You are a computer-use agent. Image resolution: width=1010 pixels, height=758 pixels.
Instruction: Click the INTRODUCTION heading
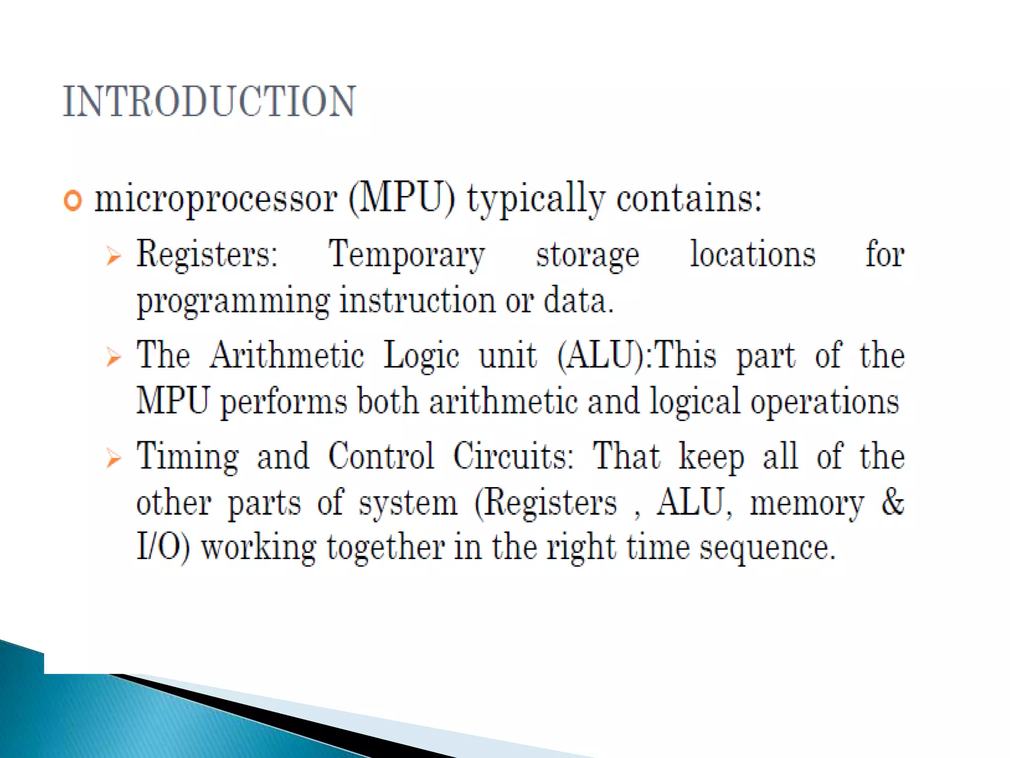[209, 102]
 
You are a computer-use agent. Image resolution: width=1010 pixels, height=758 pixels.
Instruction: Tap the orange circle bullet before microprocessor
[72, 201]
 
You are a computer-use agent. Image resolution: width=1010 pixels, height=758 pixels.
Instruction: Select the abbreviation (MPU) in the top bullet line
[402, 199]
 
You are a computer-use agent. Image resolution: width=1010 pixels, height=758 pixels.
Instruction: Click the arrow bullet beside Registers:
[113, 256]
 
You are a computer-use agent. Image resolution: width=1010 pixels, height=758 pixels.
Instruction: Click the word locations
[753, 254]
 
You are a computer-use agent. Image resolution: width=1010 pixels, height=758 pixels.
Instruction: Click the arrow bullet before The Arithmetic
[113, 357]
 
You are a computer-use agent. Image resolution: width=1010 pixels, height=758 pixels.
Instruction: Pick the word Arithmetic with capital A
[287, 355]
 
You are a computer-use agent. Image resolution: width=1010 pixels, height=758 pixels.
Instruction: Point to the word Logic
[422, 356]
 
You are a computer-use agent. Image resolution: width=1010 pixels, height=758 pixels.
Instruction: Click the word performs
[284, 402]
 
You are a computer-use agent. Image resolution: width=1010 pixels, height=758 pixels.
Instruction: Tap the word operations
[825, 402]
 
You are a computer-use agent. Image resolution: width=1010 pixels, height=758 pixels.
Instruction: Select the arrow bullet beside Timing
[113, 458]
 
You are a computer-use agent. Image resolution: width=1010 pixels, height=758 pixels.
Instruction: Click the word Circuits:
[513, 456]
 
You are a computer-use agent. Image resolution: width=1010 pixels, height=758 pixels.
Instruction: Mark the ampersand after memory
[893, 502]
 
